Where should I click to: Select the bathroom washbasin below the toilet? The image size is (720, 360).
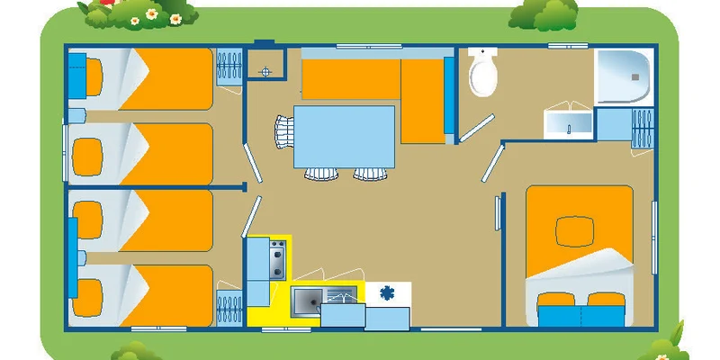[x=567, y=124]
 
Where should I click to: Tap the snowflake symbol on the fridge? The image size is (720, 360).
[x=388, y=292]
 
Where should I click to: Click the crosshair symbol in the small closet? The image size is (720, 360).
[x=265, y=68]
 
